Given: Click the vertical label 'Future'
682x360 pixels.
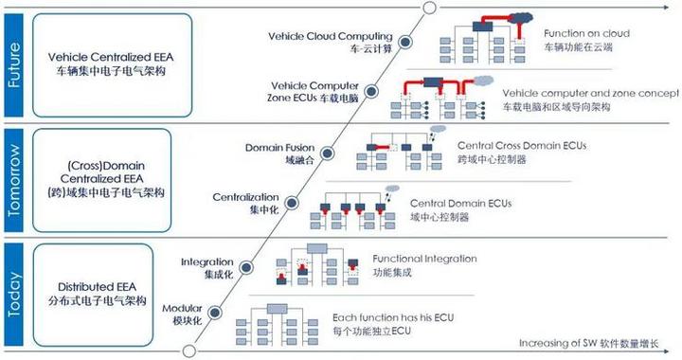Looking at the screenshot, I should [x=13, y=63].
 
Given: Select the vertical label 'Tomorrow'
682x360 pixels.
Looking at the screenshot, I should [x=13, y=177].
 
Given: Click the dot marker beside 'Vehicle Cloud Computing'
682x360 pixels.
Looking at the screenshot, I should [x=402, y=41].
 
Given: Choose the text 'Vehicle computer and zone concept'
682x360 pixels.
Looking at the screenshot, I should [x=590, y=93].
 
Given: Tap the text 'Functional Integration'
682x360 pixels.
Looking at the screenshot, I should [x=424, y=258].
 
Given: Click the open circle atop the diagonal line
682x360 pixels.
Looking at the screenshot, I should [x=428, y=8].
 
